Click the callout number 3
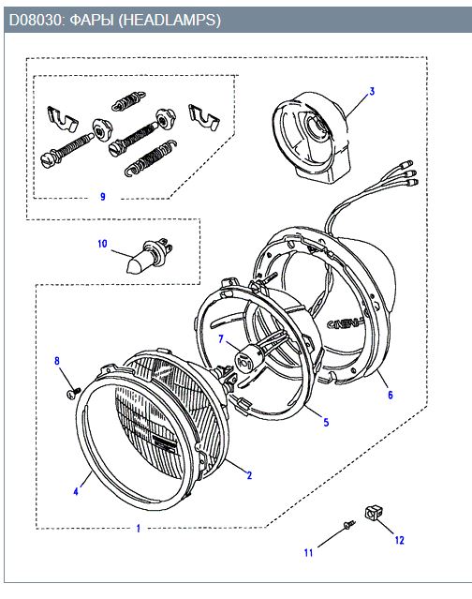click(372, 91)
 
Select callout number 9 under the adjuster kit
click(103, 196)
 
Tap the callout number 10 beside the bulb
click(102, 244)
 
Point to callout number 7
click(221, 338)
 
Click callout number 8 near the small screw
click(57, 361)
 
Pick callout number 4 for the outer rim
click(76, 491)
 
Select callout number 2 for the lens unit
click(249, 475)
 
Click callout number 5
click(326, 422)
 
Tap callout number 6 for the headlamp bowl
click(391, 395)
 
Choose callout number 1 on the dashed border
click(139, 529)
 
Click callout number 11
click(309, 553)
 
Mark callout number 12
click(399, 540)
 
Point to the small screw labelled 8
click(73, 393)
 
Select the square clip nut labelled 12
click(374, 512)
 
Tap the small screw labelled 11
click(349, 525)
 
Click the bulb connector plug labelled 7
click(243, 360)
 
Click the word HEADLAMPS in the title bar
click(170, 20)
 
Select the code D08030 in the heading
click(35, 20)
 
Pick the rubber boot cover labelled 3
click(312, 138)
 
